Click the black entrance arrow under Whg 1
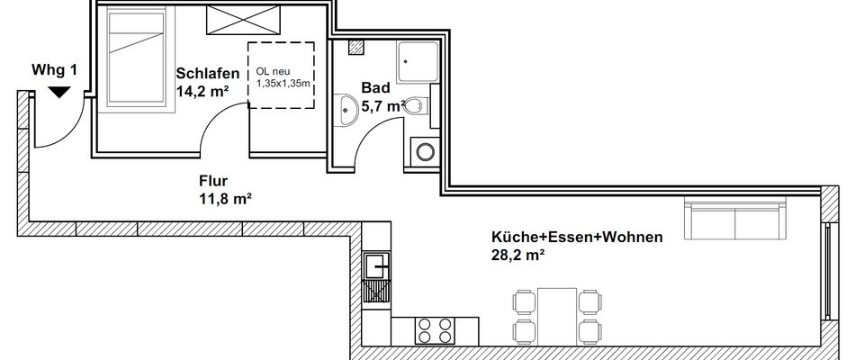point(59,92)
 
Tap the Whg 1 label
point(55,70)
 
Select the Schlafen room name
point(208,74)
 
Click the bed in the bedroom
point(136,61)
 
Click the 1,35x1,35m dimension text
point(283,84)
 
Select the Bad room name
point(375,88)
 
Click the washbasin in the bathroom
point(346,109)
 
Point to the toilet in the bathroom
point(418,104)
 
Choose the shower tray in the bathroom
point(417,62)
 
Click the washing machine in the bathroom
point(425,151)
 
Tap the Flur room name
point(214,181)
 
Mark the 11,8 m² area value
point(225,199)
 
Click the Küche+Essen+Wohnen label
point(577,238)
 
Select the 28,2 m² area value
point(518,255)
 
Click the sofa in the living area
point(735,219)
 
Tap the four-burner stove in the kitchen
point(435,330)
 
